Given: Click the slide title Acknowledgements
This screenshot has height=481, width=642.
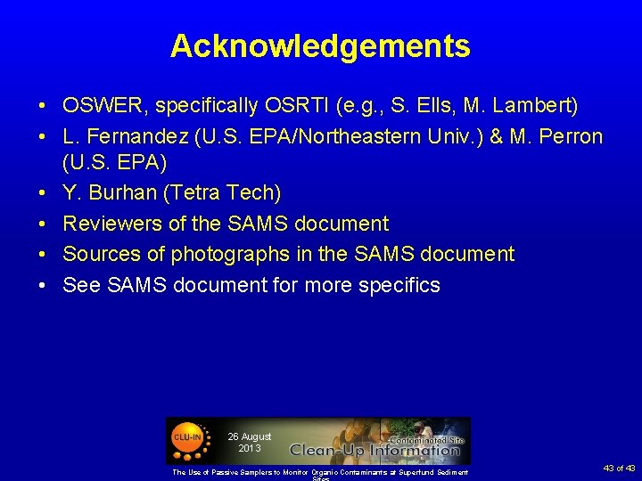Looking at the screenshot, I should (320, 45).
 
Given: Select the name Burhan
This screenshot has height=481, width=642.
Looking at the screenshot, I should (121, 193).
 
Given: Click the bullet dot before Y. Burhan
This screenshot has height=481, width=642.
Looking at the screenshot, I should (43, 193).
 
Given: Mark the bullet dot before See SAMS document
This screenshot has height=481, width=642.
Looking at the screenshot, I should (43, 285).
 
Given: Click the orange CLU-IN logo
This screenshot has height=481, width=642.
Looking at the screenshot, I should (186, 438).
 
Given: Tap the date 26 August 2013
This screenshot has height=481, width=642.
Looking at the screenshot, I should (249, 442).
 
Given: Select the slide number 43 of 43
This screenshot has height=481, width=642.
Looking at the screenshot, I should (618, 469).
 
